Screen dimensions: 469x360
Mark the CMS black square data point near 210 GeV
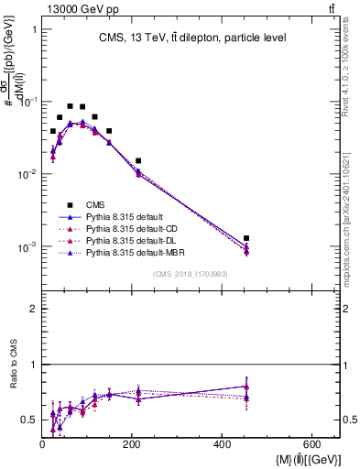point(138,161)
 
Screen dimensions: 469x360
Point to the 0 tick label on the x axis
point(43,443)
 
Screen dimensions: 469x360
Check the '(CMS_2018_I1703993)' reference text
point(191,274)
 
